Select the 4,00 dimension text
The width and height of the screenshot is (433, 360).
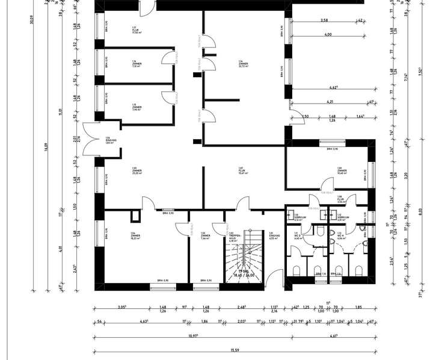pyautogui.click(x=328, y=34)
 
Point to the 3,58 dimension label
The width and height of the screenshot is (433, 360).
pyautogui.click(x=324, y=20)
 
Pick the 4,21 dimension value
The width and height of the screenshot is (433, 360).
pyautogui.click(x=330, y=102)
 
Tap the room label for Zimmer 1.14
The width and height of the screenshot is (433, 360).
pyautogui.click(x=244, y=64)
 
